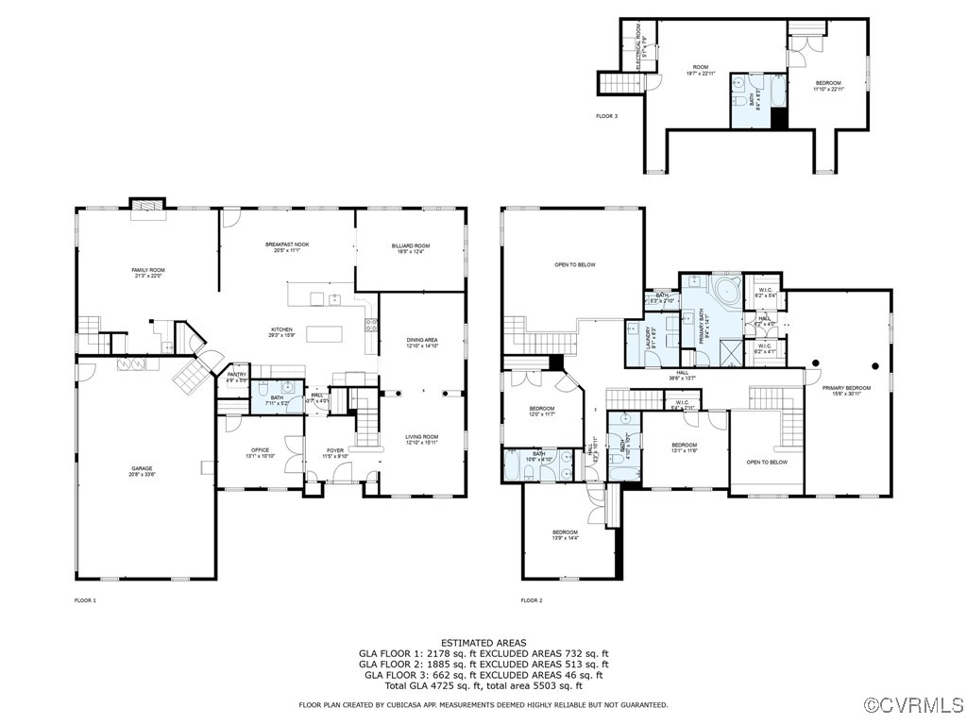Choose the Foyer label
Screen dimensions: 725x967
click(335, 452)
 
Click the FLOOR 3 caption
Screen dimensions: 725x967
click(606, 116)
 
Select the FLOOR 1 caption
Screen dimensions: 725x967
click(85, 600)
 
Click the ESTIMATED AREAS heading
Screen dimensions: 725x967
click(483, 643)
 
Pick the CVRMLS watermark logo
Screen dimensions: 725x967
click(914, 705)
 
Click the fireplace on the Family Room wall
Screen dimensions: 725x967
click(147, 204)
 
